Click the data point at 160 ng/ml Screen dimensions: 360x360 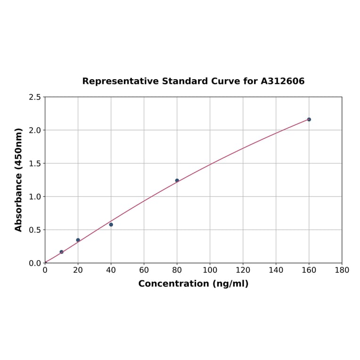click(309, 119)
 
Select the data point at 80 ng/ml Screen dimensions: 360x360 click(177, 180)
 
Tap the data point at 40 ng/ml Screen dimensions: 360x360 click(111, 224)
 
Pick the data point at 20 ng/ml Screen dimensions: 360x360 click(78, 240)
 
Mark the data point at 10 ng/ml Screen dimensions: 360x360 click(62, 252)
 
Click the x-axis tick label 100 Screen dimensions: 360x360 click(210, 270)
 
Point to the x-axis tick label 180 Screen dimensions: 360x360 click(342, 270)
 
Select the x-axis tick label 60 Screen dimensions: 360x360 click(144, 270)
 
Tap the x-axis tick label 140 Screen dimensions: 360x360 click(276, 270)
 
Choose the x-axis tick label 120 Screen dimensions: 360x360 click(243, 270)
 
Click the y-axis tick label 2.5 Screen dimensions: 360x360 click(35, 97)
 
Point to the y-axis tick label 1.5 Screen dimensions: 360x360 click(35, 164)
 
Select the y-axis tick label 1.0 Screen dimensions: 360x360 click(35, 196)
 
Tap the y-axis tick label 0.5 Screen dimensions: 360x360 click(35, 230)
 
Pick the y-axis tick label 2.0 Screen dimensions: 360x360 click(35, 130)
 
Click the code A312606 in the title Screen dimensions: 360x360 click(283, 81)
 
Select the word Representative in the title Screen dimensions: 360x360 click(121, 81)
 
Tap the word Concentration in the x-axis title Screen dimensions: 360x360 click(173, 284)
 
